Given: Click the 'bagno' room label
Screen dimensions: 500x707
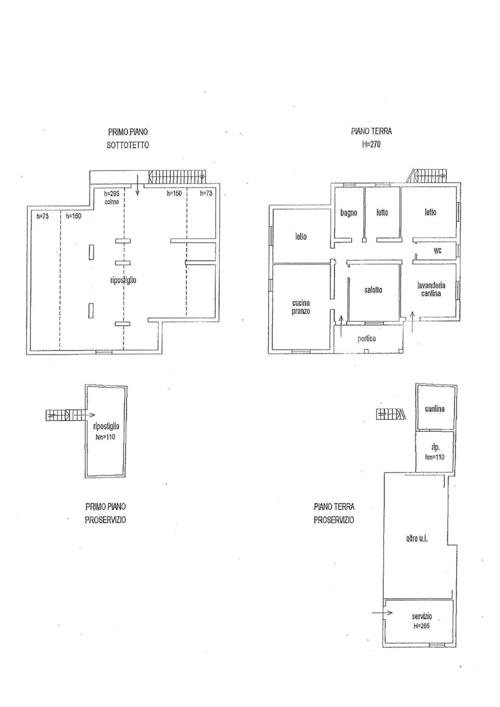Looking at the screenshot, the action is [349, 212].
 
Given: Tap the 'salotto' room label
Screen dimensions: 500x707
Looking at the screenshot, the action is [373, 290].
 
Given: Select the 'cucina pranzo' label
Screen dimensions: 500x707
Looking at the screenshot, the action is [301, 307].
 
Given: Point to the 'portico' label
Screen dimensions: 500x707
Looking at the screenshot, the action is [366, 339].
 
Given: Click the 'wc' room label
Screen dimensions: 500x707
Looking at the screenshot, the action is [437, 250].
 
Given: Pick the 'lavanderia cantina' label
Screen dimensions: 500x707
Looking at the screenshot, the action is [431, 289].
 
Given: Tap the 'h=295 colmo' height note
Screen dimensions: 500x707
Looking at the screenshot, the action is [112, 198].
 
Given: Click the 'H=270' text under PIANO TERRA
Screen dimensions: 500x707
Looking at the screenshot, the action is [371, 144].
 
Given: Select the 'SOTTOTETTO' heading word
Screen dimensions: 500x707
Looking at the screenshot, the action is [128, 145].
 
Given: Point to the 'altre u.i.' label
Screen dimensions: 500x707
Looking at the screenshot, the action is [417, 539].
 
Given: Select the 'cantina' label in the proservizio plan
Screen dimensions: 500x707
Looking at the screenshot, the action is [435, 409].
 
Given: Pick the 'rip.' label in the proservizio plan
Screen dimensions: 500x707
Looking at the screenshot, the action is [436, 448].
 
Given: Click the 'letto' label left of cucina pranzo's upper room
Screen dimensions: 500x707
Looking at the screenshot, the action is [301, 236].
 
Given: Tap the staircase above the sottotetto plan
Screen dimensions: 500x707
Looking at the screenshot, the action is [177, 176].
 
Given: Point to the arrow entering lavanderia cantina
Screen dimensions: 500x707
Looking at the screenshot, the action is [412, 322].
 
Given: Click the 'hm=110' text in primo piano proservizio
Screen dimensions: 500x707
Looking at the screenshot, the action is [105, 437].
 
